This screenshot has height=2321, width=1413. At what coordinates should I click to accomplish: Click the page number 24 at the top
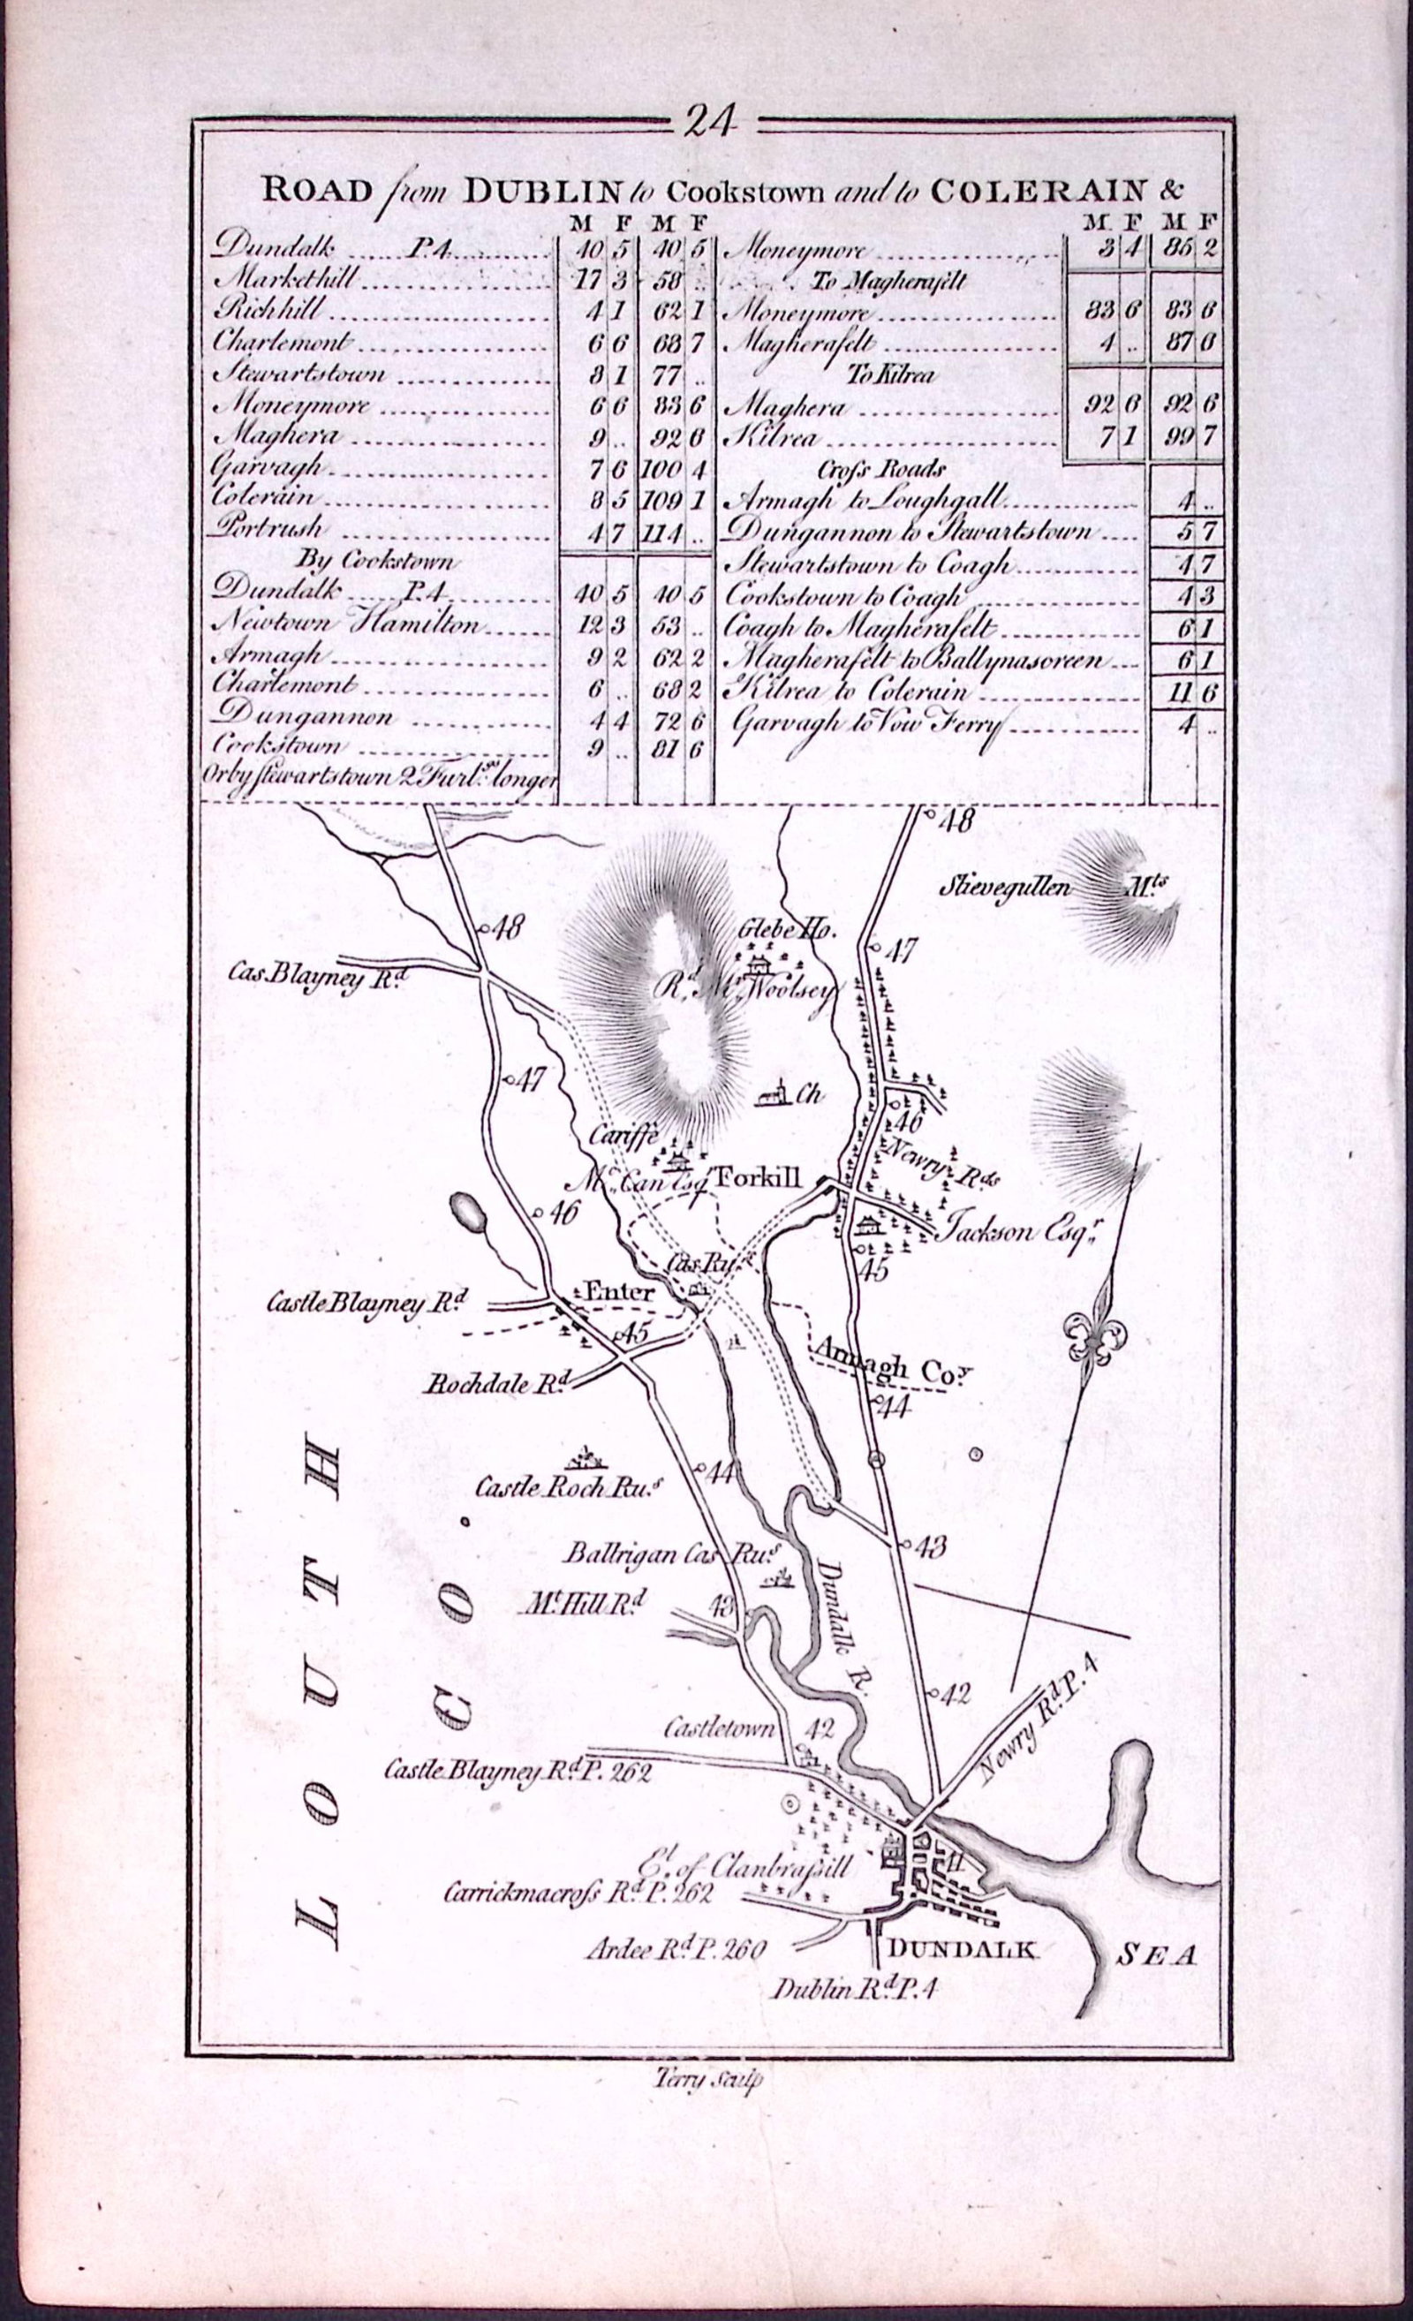tap(709, 124)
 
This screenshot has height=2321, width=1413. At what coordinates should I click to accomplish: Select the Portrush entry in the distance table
tap(268, 527)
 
